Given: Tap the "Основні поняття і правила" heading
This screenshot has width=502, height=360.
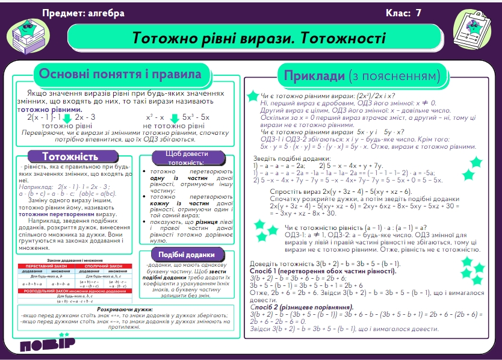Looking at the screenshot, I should pyautogui.click(x=120, y=75).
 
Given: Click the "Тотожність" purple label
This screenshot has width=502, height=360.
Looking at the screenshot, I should pyautogui.click(x=70, y=156).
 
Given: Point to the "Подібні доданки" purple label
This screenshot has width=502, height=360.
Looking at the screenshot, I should pyautogui.click(x=187, y=254).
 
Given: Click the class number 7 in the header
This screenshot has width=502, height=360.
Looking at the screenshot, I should pyautogui.click(x=418, y=13).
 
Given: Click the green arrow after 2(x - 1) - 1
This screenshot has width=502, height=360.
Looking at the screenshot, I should pyautogui.click(x=67, y=117).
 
